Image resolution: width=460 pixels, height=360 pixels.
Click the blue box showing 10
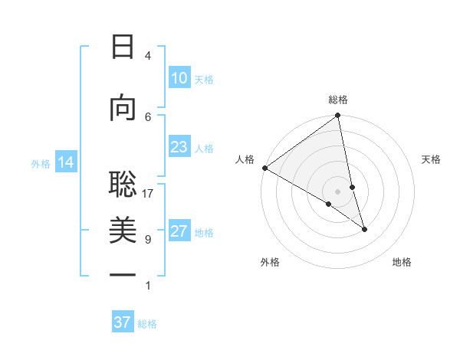click(179, 78)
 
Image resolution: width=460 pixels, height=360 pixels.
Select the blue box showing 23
click(179, 147)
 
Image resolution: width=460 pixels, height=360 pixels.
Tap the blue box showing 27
click(179, 231)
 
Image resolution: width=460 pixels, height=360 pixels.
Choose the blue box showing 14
click(65, 162)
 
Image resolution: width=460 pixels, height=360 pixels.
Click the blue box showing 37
click(122, 322)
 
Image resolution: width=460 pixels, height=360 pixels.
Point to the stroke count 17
click(148, 194)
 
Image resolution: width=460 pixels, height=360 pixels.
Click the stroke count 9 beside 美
click(148, 240)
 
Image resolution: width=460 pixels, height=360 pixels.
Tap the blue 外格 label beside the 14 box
click(41, 163)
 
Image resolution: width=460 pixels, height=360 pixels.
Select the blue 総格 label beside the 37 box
click(147, 324)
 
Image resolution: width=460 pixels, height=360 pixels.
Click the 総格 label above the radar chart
click(338, 100)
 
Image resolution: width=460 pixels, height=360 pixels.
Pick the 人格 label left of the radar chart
click(245, 159)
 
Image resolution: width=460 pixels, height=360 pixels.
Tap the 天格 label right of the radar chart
click(431, 159)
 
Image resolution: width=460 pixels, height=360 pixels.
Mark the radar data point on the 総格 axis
click(337, 116)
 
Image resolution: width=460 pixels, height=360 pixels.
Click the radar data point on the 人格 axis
click(264, 168)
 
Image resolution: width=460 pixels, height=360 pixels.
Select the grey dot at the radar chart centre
click(337, 191)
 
